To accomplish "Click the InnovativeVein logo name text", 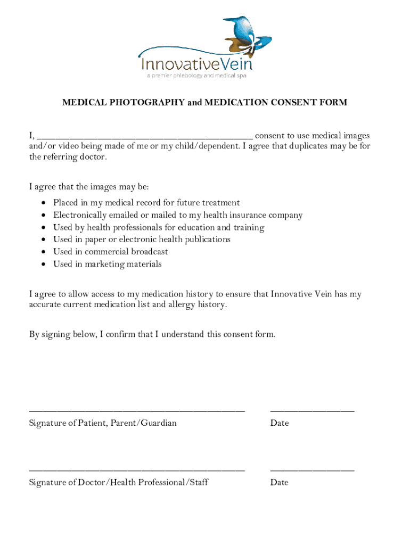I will tap(196, 64).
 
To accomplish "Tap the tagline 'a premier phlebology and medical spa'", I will tap(196, 76).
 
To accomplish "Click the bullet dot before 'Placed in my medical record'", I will tap(43, 203).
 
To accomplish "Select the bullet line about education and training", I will tap(158, 227).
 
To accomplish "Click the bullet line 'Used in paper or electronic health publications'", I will tap(142, 240).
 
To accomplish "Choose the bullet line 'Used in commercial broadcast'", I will tap(110, 252).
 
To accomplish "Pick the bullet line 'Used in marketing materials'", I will tap(107, 264).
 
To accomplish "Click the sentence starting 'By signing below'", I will tap(152, 334).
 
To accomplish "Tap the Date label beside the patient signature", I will tap(279, 423).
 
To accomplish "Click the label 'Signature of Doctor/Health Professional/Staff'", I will tap(118, 482).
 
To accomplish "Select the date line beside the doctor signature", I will tap(312, 470).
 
